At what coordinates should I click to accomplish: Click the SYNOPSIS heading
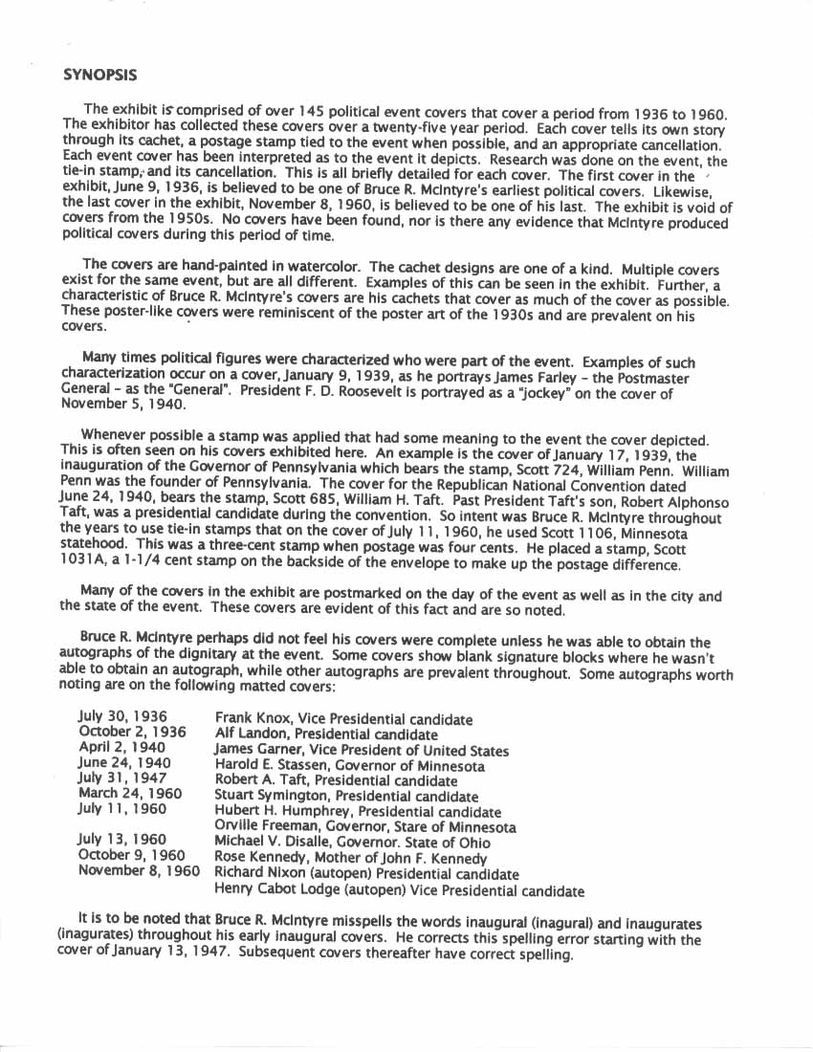99,74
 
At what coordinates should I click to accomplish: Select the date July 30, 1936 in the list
122,716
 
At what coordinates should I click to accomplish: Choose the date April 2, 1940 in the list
121,747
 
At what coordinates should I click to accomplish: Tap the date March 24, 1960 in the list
130,794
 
